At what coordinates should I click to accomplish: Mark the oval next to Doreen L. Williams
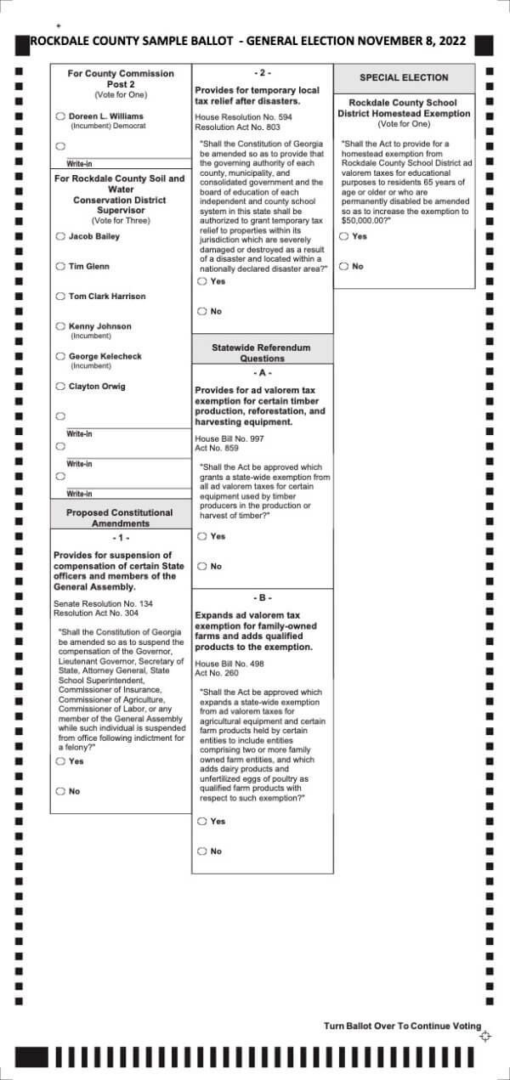click(x=60, y=116)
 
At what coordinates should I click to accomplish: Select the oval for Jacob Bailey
click(x=60, y=236)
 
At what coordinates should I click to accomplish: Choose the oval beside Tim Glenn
click(x=60, y=267)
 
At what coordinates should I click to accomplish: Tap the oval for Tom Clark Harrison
click(x=60, y=297)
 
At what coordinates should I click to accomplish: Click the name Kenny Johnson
click(x=99, y=326)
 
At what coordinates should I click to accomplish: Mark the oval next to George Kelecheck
click(x=60, y=357)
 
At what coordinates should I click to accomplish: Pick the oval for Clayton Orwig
click(x=60, y=387)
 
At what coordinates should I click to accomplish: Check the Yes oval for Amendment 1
click(x=60, y=762)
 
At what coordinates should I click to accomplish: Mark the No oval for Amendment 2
click(x=202, y=312)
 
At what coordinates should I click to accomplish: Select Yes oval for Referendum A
click(x=202, y=537)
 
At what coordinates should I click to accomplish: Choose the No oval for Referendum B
click(x=202, y=851)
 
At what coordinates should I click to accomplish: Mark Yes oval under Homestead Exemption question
click(x=344, y=237)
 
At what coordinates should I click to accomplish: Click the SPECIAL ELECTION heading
click(x=404, y=77)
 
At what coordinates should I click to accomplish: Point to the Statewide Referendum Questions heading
click(x=261, y=353)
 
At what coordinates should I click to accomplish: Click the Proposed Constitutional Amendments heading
click(x=119, y=517)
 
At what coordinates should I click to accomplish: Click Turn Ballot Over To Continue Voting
click(x=401, y=1026)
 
